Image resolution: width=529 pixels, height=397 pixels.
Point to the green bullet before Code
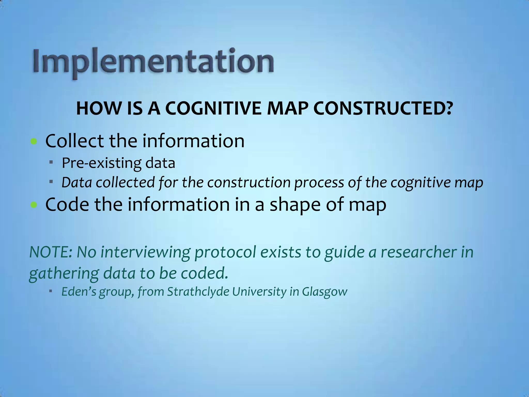tap(34, 205)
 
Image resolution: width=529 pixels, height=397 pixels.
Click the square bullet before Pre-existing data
tap(51, 162)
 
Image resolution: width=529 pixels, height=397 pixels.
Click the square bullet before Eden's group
tap(51, 291)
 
